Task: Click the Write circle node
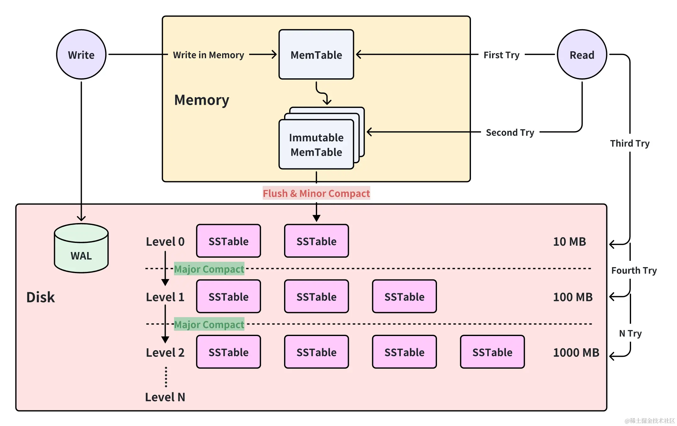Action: click(x=81, y=55)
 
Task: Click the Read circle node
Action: click(x=582, y=55)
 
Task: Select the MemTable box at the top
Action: click(x=316, y=55)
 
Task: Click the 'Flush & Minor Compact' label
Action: click(x=316, y=193)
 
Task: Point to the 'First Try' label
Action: click(x=501, y=55)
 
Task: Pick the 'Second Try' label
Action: click(x=510, y=132)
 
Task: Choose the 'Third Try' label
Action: click(x=629, y=143)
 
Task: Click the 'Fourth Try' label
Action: click(x=634, y=271)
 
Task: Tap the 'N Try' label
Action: click(x=630, y=333)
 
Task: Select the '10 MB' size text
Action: click(x=569, y=242)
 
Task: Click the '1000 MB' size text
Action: click(x=576, y=352)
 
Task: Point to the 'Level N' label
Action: click(x=165, y=397)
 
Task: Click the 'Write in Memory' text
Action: click(x=209, y=55)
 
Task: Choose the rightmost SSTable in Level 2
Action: click(x=492, y=352)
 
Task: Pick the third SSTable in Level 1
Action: click(x=404, y=296)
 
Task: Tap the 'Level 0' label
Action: click(x=165, y=242)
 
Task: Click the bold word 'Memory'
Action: click(x=202, y=100)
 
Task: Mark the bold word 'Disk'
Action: click(x=41, y=297)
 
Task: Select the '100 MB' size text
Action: click(x=573, y=297)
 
